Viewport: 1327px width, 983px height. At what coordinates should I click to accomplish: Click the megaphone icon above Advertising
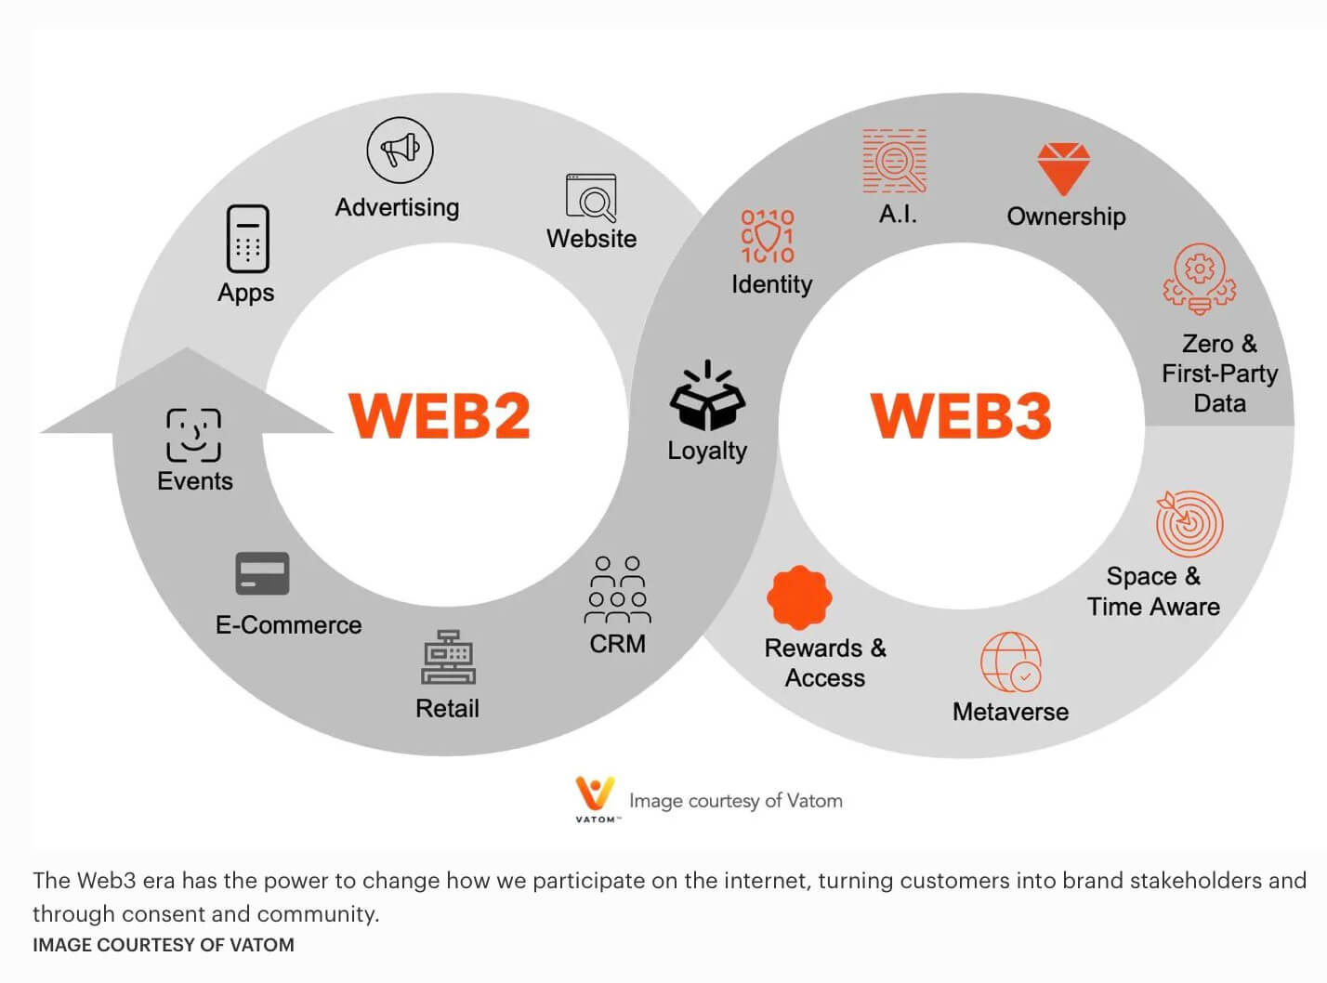pos(400,151)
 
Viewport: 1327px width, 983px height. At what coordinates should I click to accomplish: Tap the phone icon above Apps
pos(248,239)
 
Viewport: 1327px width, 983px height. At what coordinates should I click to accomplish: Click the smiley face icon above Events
pos(194,435)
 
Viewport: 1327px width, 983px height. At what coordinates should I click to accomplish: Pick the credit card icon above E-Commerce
pos(262,573)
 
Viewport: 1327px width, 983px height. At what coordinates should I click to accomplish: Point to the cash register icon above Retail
pos(448,657)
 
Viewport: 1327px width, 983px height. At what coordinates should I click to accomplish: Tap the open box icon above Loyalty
pos(707,395)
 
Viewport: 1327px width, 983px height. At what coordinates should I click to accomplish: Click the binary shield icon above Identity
pos(768,236)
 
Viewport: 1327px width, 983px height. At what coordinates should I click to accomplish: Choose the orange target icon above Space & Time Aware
pos(1189,523)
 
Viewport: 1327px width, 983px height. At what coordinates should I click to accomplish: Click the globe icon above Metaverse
pos(1011,662)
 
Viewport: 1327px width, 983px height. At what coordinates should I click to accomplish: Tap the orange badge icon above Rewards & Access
pos(799,597)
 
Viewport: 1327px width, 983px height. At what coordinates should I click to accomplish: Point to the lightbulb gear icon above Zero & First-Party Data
pos(1200,279)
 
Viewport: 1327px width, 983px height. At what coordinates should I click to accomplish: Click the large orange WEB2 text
pos(440,415)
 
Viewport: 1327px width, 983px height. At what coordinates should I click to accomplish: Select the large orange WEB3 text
pos(961,415)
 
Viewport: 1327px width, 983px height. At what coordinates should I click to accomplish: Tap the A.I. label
pos(898,214)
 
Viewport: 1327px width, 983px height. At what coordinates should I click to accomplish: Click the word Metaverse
pos(1010,712)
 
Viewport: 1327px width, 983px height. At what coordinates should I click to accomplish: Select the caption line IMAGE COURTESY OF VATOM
pos(164,945)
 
